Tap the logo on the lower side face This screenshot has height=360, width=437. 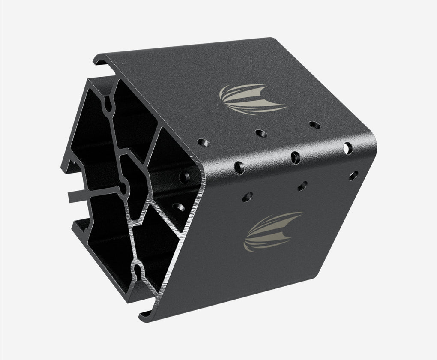(272, 231)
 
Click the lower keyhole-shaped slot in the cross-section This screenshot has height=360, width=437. (138, 271)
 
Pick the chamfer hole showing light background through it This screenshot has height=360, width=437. (348, 148)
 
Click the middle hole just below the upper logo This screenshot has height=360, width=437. (260, 133)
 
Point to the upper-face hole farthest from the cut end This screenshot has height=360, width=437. (315, 125)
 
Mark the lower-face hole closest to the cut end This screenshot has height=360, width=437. (247, 197)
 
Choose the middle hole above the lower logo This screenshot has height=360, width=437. (302, 186)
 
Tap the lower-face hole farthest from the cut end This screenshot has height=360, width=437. (353, 175)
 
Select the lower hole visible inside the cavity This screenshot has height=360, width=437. (178, 207)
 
